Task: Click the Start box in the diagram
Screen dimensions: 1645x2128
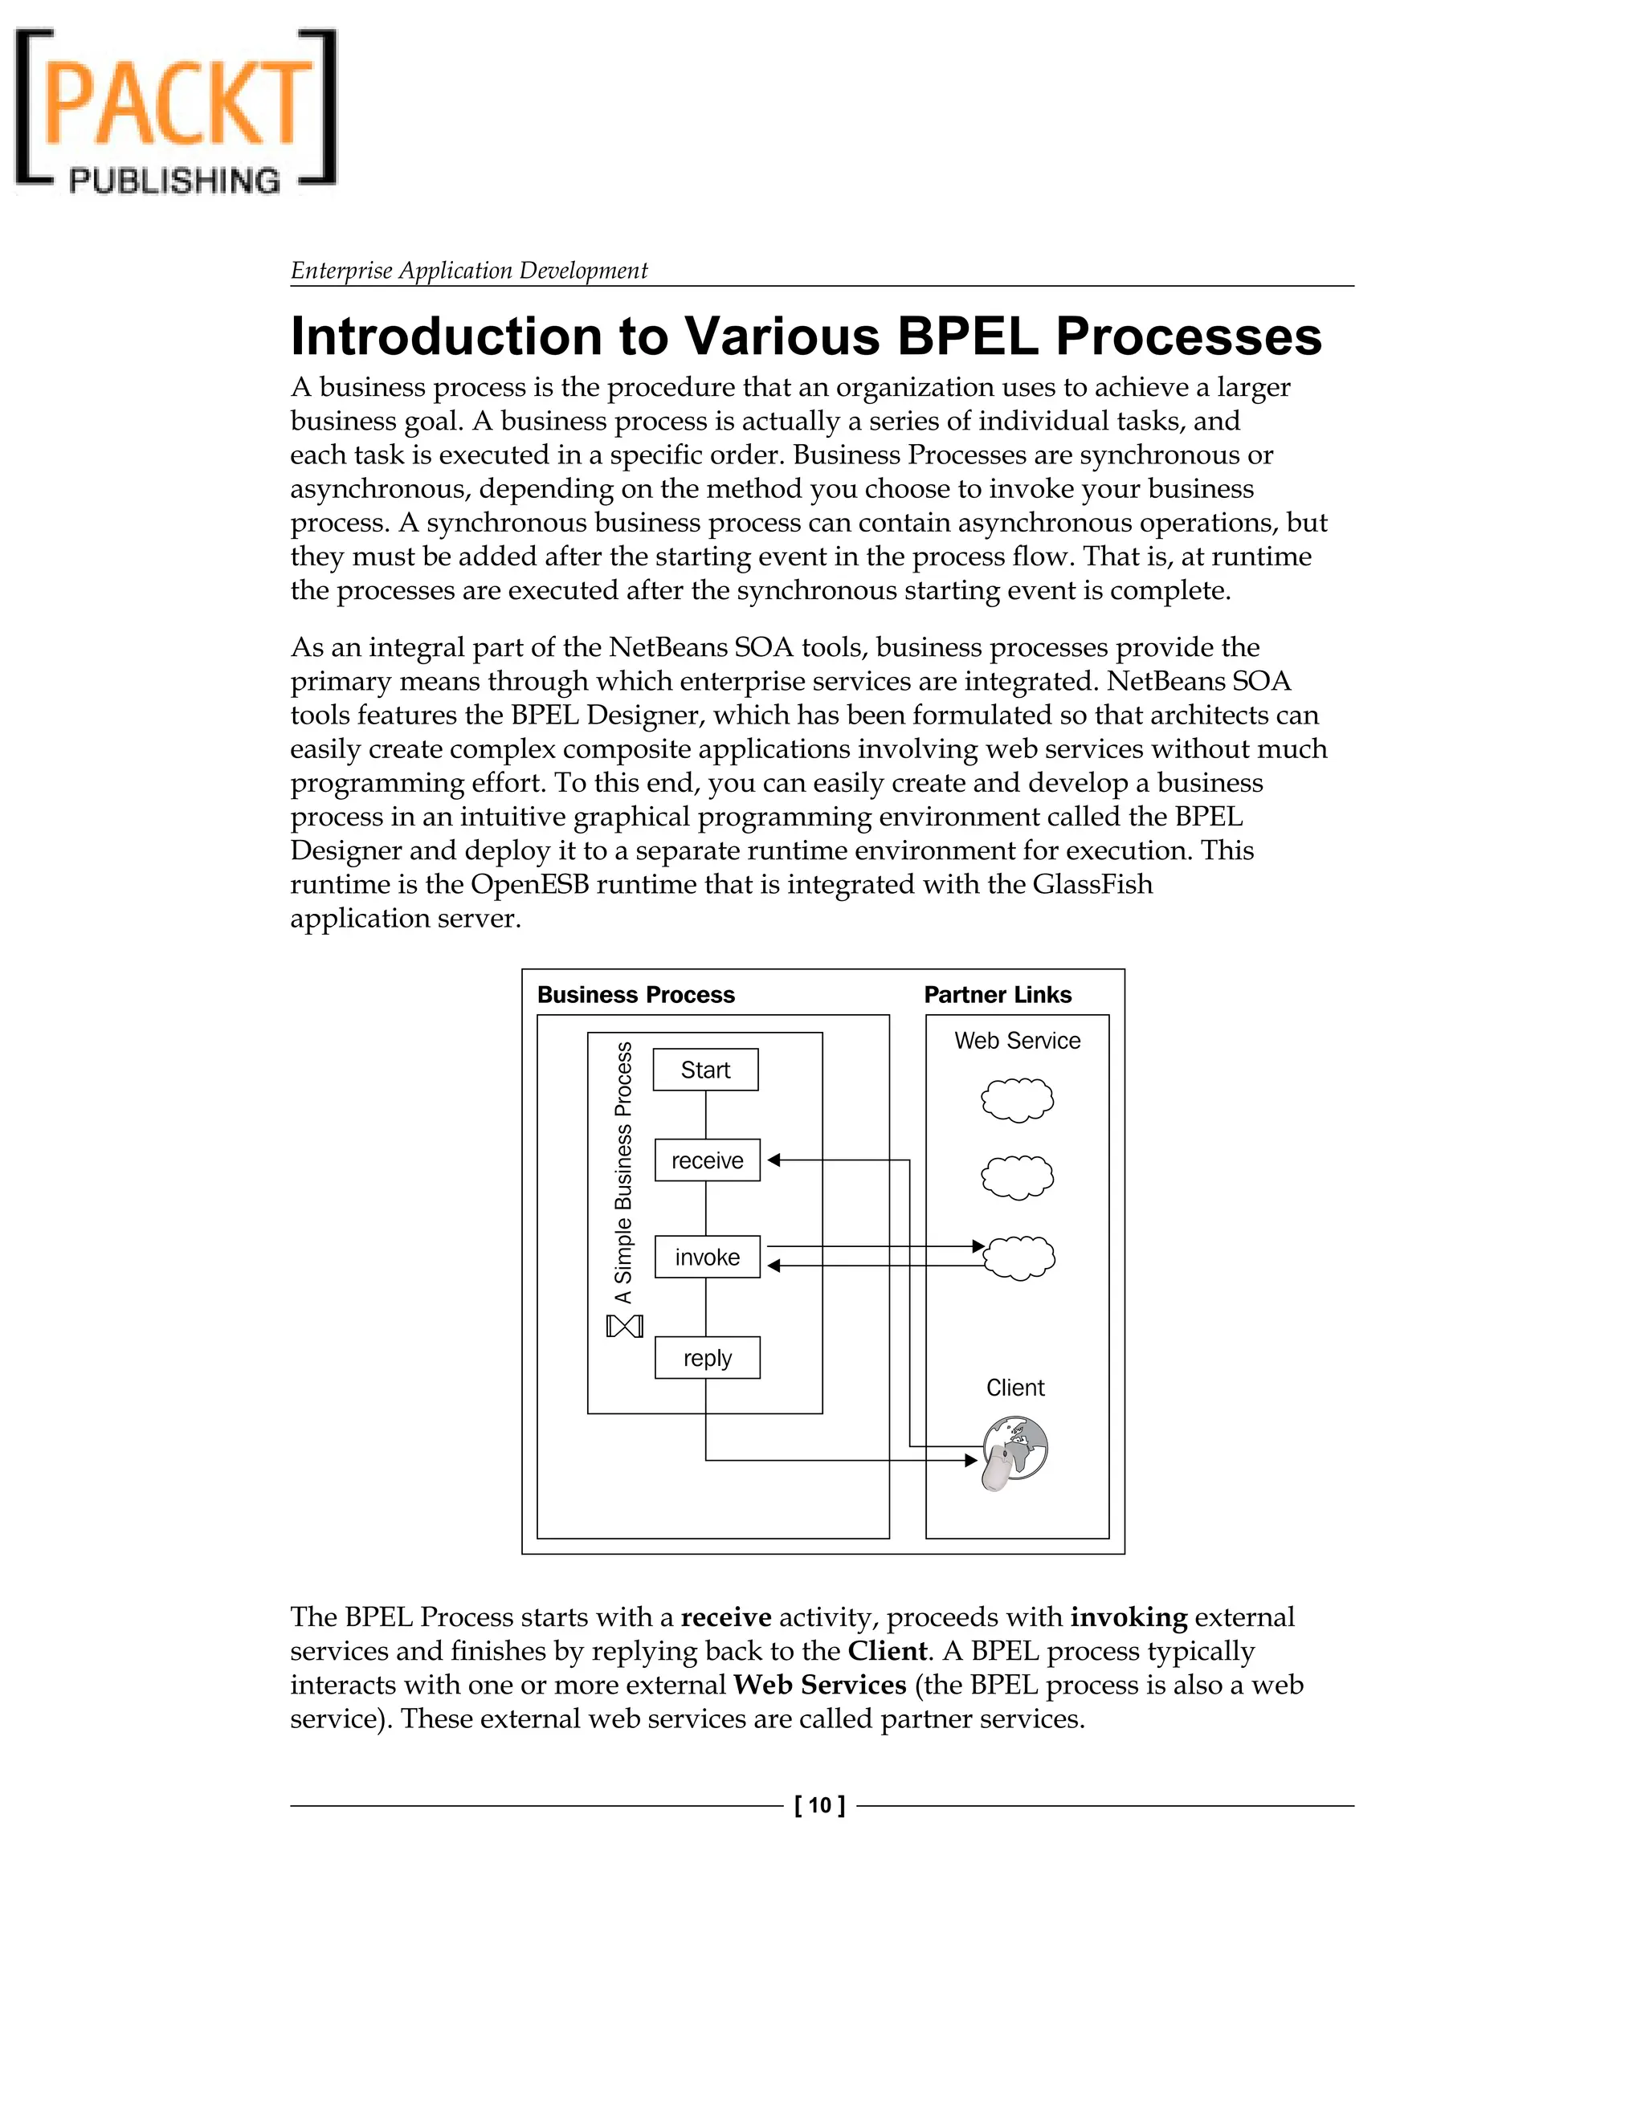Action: [704, 1070]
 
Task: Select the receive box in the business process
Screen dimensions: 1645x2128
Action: [707, 1160]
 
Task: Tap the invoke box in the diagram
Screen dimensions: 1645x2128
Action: [707, 1257]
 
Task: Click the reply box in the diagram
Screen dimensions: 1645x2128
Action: [707, 1358]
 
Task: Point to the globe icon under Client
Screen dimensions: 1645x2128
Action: [1014, 1453]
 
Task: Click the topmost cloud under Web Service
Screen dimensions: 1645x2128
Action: [1016, 1100]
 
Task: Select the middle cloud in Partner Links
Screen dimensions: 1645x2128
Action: [1016, 1177]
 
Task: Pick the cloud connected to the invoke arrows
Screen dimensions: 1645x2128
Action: [1018, 1257]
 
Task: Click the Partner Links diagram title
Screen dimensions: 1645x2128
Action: [997, 995]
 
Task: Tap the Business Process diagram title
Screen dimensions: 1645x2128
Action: [635, 995]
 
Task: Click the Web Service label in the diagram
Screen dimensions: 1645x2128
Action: [1016, 1041]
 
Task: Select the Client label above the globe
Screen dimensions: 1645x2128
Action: [1014, 1388]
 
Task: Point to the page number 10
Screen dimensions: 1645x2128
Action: [819, 1805]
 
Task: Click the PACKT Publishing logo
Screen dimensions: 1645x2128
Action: [175, 110]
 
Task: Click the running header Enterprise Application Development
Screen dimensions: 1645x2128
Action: [469, 270]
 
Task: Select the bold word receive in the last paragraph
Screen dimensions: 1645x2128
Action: [726, 1617]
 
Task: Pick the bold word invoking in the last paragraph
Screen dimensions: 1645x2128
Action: [1129, 1617]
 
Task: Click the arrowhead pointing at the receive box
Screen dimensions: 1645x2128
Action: [774, 1160]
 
